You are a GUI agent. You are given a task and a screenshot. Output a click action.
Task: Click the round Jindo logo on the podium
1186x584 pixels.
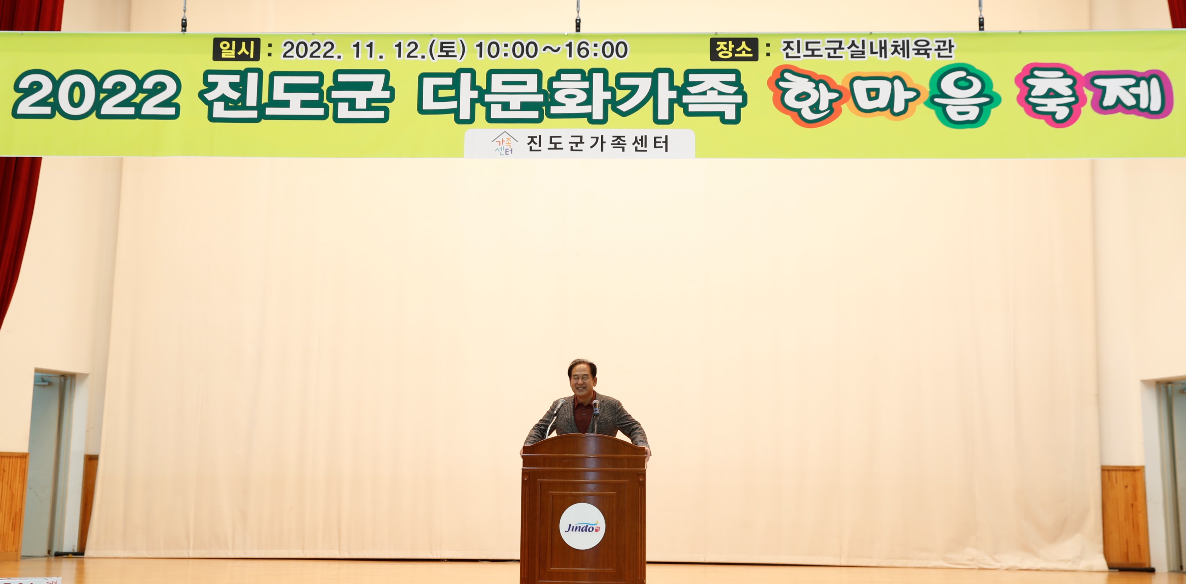click(582, 526)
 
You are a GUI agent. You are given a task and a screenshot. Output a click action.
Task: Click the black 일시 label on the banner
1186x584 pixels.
click(236, 49)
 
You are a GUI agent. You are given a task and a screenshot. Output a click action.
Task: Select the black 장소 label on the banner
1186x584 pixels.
click(734, 49)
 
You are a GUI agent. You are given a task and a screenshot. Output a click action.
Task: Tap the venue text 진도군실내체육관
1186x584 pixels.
click(868, 49)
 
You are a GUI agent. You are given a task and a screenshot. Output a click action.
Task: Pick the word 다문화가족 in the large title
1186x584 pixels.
click(581, 96)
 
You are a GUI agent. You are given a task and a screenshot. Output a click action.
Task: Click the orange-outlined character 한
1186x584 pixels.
click(809, 96)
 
